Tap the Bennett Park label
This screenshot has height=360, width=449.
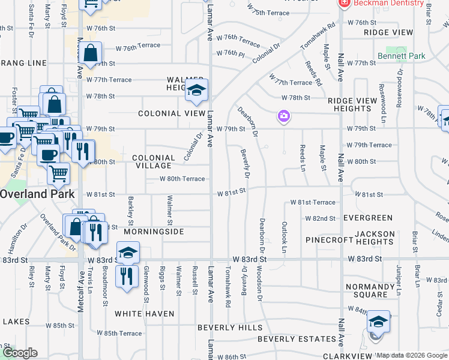[401, 56]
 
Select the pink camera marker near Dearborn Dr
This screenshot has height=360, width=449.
[283, 116]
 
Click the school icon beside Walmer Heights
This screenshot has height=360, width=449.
[196, 91]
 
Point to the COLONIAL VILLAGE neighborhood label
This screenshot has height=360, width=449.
[154, 161]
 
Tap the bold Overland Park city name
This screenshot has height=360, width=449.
[37, 194]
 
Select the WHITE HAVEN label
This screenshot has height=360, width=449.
[144, 314]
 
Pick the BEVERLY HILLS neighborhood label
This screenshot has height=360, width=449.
[230, 328]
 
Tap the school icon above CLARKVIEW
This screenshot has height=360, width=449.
[378, 322]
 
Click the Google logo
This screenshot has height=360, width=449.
[20, 353]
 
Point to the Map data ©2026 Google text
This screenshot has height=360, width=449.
[412, 355]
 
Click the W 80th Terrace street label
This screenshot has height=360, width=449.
[182, 179]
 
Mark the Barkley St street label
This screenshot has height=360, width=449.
[130, 207]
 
